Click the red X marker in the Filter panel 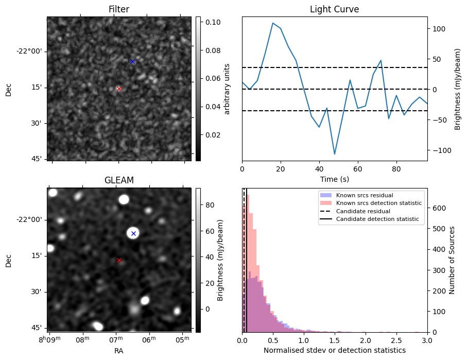click(119, 89)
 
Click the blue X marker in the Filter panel click(132, 61)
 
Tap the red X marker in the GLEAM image click(119, 260)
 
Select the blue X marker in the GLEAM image click(133, 233)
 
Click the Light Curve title click(334, 9)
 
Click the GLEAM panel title click(119, 180)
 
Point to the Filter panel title click(119, 9)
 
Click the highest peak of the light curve click(273, 23)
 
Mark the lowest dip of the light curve click(335, 154)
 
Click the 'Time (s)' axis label click(334, 178)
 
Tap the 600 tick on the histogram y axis click(436, 208)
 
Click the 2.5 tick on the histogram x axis click(396, 340)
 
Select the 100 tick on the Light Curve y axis click(437, 29)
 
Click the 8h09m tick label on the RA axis click(51, 338)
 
